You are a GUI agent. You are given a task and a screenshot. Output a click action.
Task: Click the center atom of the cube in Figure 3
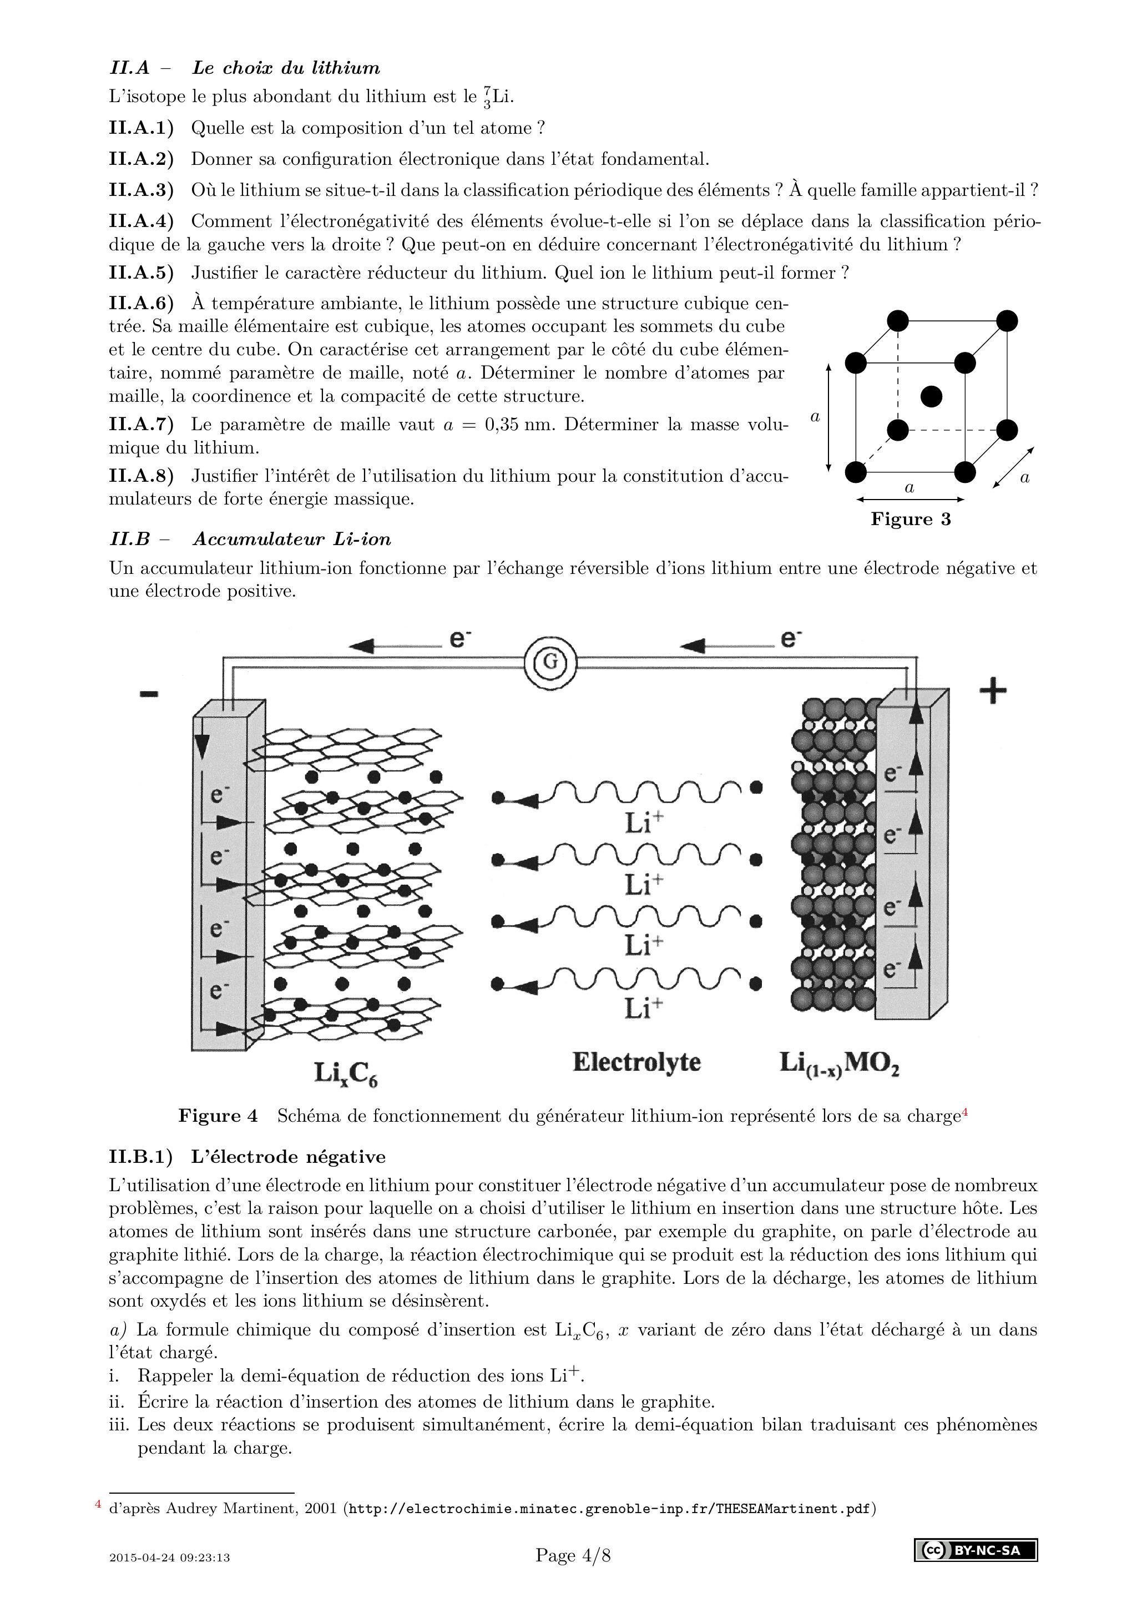click(x=932, y=396)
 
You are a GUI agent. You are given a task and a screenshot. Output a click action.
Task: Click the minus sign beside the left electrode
click(x=149, y=694)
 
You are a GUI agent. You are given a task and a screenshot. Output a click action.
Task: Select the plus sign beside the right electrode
click(x=993, y=690)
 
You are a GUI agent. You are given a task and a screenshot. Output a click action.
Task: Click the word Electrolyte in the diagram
click(x=636, y=1062)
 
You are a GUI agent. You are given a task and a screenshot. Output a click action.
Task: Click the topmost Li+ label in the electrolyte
click(x=643, y=823)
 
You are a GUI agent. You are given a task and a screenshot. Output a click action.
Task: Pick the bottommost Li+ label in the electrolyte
click(x=643, y=1006)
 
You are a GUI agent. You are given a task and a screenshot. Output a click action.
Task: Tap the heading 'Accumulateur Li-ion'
click(x=291, y=540)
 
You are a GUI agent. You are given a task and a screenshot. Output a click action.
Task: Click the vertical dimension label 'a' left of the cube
click(x=815, y=417)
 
